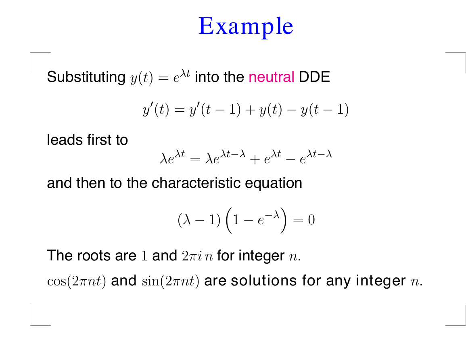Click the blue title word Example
pos(246,27)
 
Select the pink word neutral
pos(272,77)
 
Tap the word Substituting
pos(86,77)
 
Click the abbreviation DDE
pos(314,77)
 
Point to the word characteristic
pos(196,183)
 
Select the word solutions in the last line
pos(263,281)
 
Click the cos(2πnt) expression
pos(76,281)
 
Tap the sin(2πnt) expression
pos(171,281)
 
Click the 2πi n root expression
pos(197,256)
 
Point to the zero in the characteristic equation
pos(311,220)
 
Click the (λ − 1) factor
pos(199,220)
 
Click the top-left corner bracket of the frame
pos(31,53)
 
